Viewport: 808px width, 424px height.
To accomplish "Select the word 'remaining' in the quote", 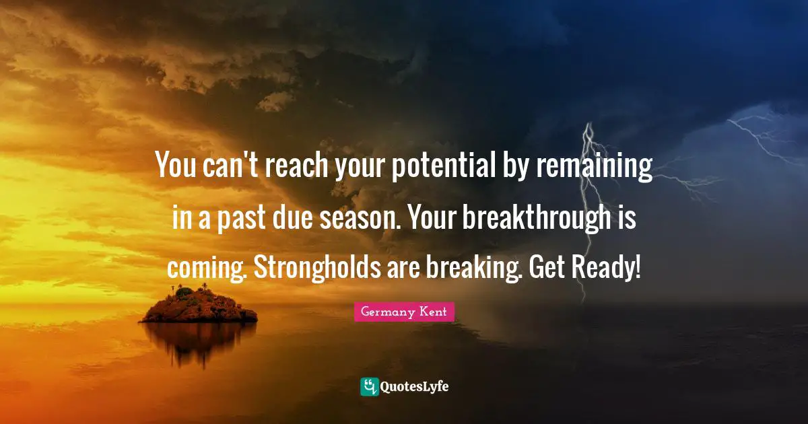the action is [595, 167].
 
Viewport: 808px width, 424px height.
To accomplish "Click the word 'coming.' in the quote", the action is [207, 269].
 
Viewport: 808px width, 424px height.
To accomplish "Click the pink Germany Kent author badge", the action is [404, 312].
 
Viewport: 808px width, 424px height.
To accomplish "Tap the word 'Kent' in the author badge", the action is [433, 312].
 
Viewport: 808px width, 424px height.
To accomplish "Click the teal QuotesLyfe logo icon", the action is [370, 387].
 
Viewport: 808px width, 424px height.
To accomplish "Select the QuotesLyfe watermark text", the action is [415, 387].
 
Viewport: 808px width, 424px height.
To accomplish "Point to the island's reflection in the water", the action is [199, 343].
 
